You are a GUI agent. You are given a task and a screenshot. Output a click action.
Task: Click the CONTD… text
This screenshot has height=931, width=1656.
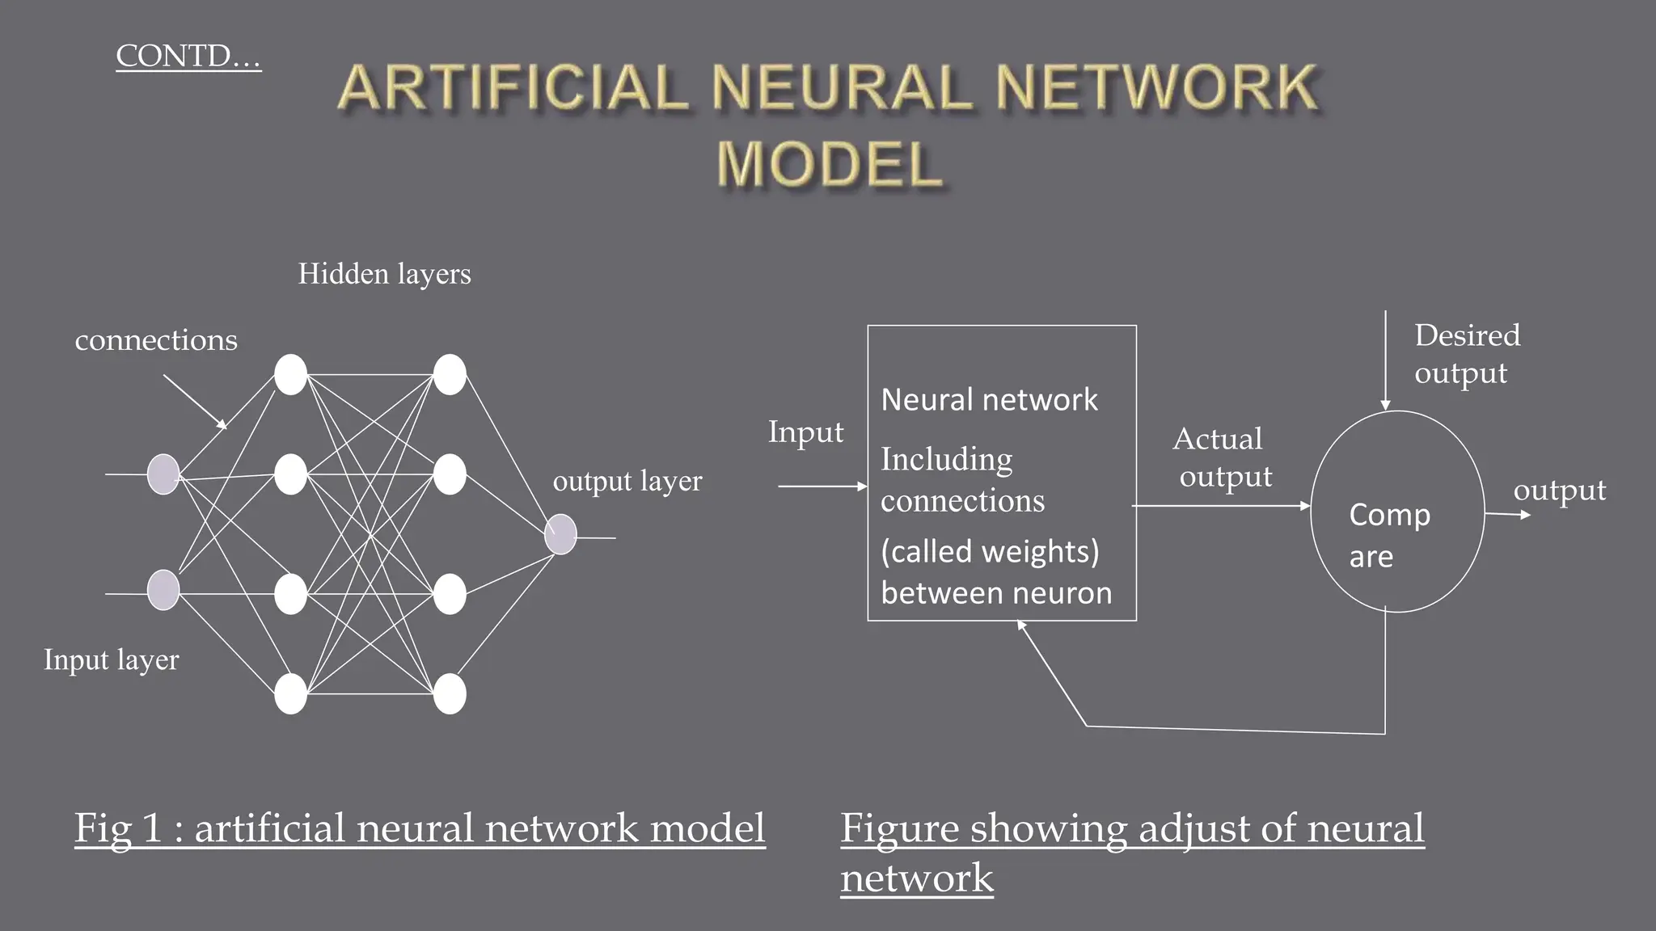coord(188,57)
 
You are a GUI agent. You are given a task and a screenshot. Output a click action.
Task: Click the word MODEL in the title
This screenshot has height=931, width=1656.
coord(830,165)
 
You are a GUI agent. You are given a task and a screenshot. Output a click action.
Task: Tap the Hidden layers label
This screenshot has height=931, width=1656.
coord(384,274)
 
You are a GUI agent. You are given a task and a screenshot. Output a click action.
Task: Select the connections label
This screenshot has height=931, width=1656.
coord(156,340)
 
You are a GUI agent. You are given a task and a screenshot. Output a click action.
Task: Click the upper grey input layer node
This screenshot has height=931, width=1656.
coord(163,474)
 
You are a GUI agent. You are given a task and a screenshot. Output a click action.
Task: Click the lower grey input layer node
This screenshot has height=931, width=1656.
coord(163,590)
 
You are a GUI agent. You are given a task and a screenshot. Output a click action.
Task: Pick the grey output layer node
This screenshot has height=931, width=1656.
coord(560,534)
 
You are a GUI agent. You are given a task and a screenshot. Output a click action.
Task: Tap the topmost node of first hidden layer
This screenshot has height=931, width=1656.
coord(290,375)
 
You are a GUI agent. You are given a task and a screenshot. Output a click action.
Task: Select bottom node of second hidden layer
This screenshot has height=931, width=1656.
coord(450,694)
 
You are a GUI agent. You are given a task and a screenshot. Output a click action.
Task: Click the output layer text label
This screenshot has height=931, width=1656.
coord(627,482)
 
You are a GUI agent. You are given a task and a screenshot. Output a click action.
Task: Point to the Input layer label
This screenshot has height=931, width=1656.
coord(112,660)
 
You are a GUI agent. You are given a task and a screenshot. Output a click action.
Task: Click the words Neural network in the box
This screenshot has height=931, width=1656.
coord(989,400)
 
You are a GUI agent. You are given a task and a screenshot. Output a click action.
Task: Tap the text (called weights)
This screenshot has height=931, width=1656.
coord(990,552)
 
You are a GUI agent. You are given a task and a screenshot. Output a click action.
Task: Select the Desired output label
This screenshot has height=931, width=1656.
coord(1467,354)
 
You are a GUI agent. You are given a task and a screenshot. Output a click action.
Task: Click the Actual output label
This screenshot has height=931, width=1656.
coord(1222,457)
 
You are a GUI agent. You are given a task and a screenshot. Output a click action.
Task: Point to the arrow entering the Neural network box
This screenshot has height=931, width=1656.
coord(822,487)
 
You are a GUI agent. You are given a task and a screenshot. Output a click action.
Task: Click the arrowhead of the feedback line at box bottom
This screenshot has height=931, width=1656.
coord(1020,625)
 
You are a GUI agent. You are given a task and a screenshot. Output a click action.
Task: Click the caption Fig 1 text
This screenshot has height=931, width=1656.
coord(419,829)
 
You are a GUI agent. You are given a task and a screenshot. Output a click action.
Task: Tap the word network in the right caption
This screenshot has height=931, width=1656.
coord(916,878)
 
